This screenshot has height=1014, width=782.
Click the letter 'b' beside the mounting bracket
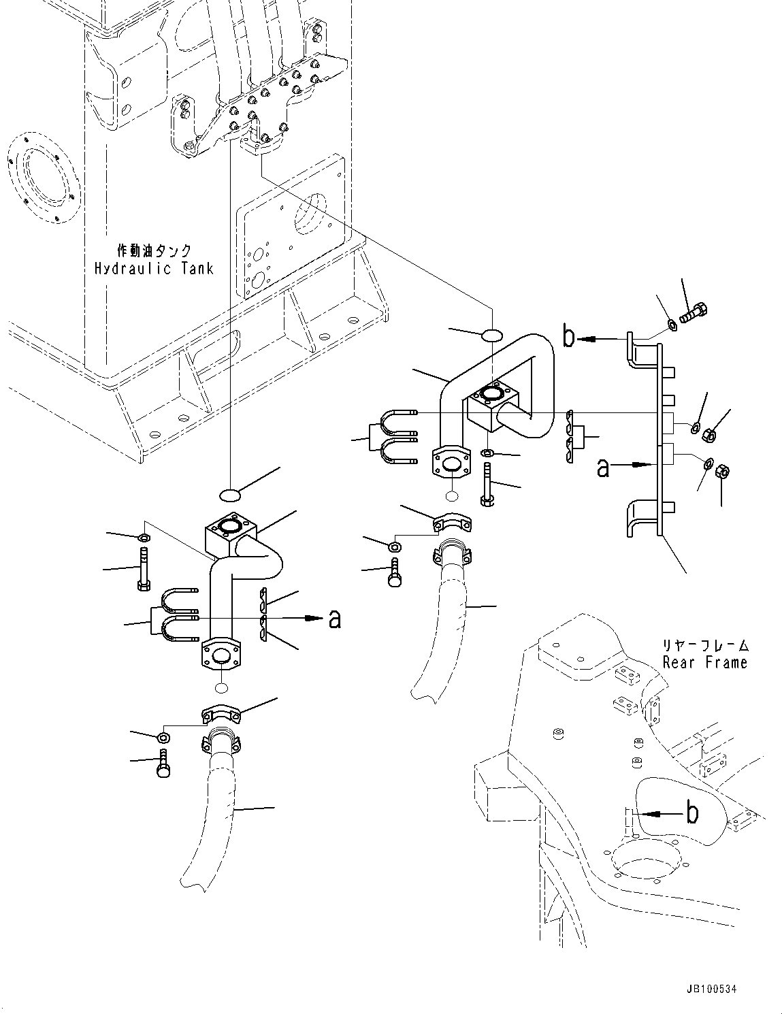tap(568, 338)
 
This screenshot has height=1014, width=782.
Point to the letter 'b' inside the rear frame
tap(691, 813)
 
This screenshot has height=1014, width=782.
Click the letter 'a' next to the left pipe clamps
tap(334, 619)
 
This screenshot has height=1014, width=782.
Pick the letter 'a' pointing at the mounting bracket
tap(603, 468)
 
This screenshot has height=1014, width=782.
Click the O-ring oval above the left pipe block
tap(231, 493)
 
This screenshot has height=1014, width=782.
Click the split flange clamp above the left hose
tap(221, 715)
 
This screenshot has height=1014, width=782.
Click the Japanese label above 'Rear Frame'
tap(704, 644)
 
